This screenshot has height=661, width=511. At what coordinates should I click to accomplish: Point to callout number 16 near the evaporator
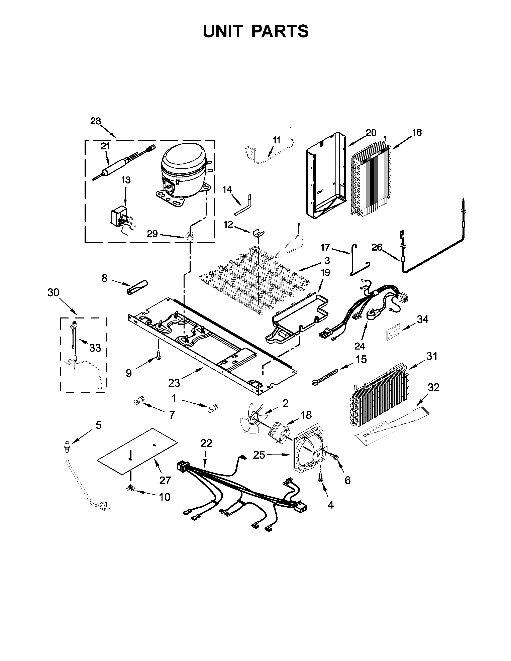417,133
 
